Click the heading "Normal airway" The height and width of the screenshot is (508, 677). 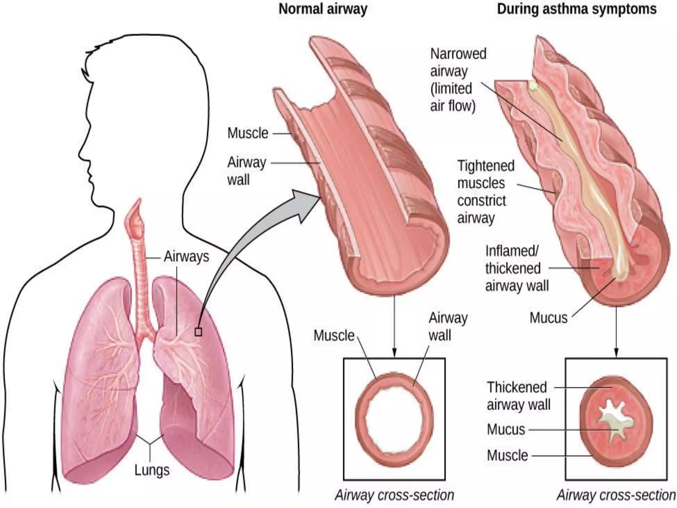click(323, 9)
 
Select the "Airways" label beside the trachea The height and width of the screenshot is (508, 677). click(186, 257)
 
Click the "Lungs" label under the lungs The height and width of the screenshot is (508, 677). click(152, 470)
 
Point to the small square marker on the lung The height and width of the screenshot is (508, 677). click(198, 332)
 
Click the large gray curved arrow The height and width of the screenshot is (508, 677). click(251, 238)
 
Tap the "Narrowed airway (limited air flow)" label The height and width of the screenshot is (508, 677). click(458, 80)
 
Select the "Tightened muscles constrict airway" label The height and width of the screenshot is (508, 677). click(485, 192)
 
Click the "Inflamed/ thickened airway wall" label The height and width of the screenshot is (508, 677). click(516, 268)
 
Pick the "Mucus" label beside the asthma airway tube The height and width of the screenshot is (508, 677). click(548, 318)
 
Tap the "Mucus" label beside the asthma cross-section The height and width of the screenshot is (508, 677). click(506, 430)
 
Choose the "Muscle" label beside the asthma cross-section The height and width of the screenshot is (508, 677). click(507, 455)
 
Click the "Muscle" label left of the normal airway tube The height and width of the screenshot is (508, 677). click(248, 133)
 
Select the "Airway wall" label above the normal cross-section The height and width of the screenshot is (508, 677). click(448, 327)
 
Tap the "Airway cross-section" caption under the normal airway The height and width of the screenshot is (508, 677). click(394, 495)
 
